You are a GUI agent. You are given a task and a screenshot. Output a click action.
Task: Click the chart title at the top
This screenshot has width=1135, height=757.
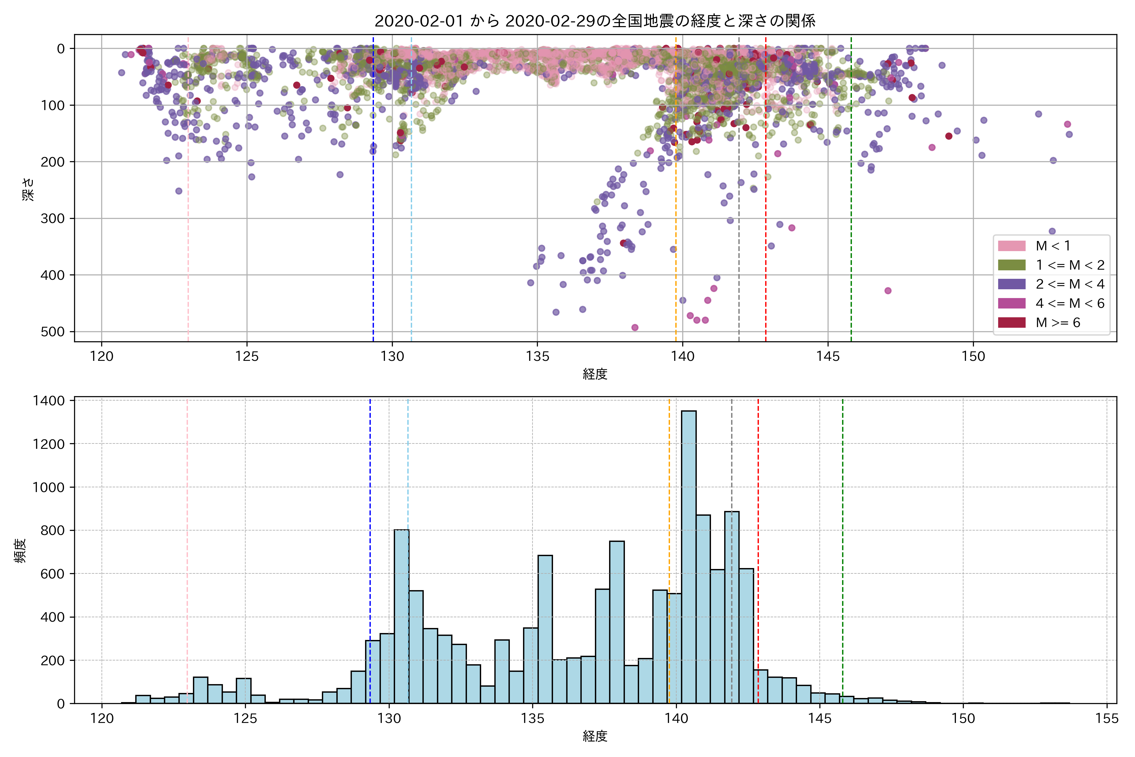pos(595,21)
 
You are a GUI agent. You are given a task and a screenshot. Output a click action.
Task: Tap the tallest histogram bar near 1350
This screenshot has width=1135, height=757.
pos(689,555)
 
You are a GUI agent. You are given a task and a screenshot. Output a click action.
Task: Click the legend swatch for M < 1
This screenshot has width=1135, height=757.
pos(1011,246)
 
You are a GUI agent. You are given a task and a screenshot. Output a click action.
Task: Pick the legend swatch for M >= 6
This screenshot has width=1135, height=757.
pos(1011,322)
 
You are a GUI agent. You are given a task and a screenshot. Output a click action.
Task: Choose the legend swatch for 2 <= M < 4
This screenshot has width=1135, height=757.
pos(1011,284)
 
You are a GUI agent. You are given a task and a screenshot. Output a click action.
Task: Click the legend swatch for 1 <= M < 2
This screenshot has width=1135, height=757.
pos(1011,265)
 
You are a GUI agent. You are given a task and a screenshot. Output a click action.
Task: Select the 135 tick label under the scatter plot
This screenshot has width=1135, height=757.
pos(538,356)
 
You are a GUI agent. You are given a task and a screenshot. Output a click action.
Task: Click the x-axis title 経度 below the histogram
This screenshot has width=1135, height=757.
pos(595,736)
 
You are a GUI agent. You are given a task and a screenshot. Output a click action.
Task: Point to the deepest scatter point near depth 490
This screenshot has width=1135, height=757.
pos(635,327)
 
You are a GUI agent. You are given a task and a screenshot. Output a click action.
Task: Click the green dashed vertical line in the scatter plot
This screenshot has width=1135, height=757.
pos(851,193)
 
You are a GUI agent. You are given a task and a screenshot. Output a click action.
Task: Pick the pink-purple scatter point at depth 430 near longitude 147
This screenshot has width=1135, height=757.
pos(888,290)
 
